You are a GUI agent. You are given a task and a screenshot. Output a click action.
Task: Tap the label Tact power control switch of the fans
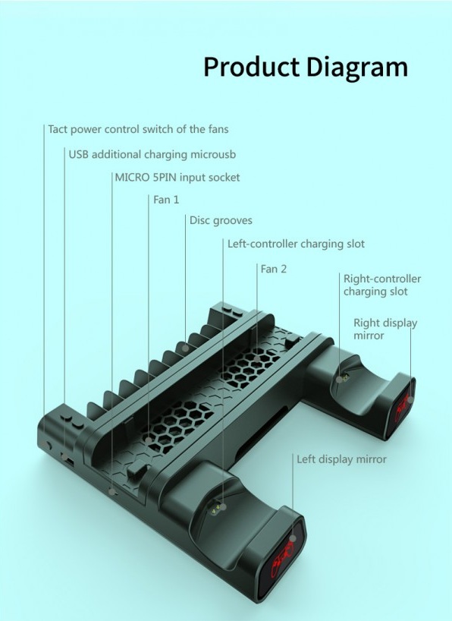(x=138, y=130)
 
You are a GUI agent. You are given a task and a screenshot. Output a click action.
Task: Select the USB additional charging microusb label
(x=152, y=154)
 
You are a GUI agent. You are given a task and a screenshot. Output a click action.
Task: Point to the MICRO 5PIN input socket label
(x=177, y=177)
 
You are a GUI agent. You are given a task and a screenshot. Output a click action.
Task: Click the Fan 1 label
(x=166, y=200)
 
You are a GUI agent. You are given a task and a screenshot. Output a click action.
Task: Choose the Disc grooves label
(x=221, y=220)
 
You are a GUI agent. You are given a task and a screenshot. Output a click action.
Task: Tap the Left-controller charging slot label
(x=296, y=244)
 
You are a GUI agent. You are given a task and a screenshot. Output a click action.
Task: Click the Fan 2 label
(x=273, y=269)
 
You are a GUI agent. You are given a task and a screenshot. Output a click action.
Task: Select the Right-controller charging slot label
(x=382, y=285)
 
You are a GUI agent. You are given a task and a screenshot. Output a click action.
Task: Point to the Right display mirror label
(x=385, y=329)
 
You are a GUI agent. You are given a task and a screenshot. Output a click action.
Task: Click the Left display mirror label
(x=341, y=459)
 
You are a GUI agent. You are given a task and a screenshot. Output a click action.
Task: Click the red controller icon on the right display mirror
(x=402, y=407)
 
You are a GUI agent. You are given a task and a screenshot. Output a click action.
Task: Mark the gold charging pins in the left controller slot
(x=216, y=507)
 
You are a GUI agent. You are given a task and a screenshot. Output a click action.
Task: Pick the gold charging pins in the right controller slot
(x=344, y=377)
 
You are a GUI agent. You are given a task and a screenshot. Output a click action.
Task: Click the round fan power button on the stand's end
(x=46, y=445)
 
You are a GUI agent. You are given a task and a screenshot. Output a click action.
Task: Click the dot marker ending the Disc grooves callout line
(x=185, y=348)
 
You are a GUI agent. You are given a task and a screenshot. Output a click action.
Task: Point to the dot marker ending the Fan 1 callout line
(x=148, y=440)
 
